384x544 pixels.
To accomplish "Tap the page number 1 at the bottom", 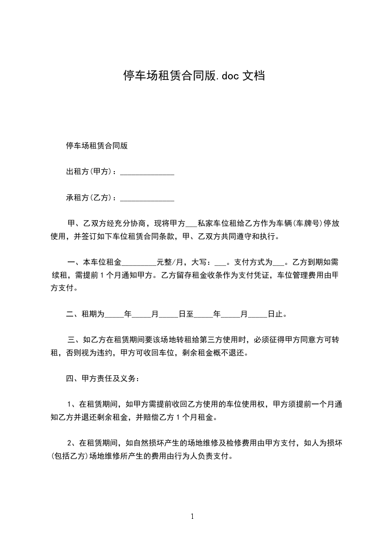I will tap(192, 516).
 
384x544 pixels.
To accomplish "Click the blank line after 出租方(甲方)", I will tap(147, 172).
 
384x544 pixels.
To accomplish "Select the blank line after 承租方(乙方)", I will tap(147, 198).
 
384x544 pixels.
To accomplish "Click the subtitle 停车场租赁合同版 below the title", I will tap(97, 145).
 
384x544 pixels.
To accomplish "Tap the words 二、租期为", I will tap(85, 314).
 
